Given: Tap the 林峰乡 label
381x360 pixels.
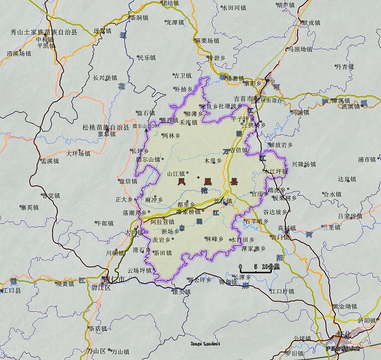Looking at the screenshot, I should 214,239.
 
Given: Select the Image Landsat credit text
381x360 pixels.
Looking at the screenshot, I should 205,344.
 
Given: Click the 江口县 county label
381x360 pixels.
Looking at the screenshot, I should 11,291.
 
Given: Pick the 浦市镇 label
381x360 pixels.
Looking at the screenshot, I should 368,159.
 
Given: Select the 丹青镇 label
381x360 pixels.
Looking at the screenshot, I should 344,66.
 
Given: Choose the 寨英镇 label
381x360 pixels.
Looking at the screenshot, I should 30,207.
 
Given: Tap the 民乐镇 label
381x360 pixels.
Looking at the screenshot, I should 146,58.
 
